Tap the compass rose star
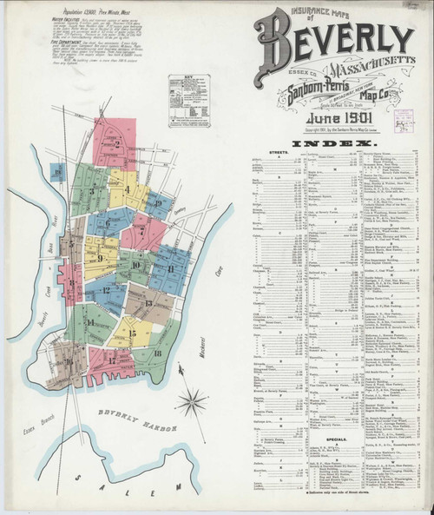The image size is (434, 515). (191, 401)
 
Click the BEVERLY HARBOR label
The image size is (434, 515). (139, 425)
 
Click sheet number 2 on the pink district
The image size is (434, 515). (116, 144)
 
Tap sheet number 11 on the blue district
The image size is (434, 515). (170, 267)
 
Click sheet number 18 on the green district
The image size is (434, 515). (157, 353)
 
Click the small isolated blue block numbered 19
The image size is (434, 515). (57, 172)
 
